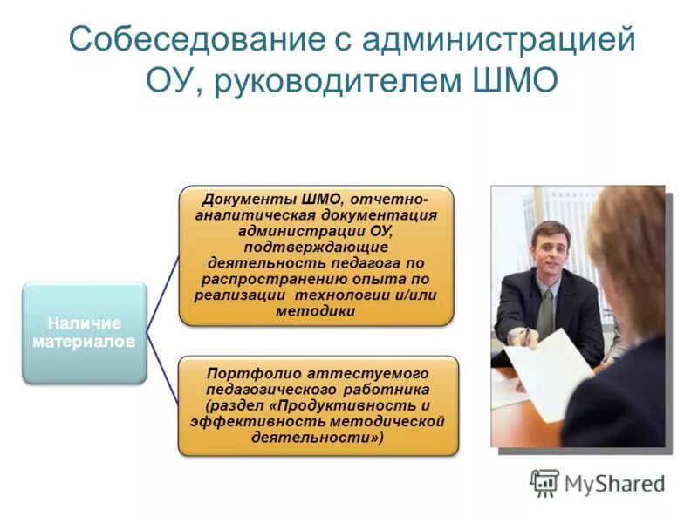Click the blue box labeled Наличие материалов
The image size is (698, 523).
coord(84,333)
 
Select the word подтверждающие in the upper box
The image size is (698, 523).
coord(316,247)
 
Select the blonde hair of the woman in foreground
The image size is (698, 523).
coord(628,253)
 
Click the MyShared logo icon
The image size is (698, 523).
coord(544,483)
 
